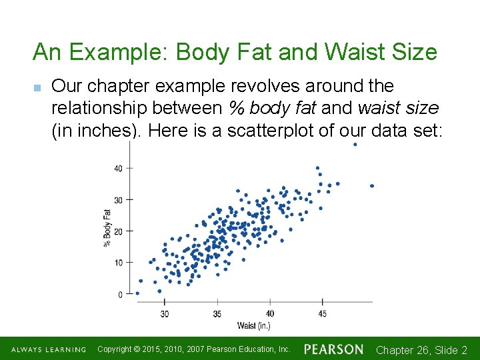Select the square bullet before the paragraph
click(x=38, y=87)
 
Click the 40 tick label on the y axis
click(x=118, y=169)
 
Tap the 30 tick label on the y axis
click(x=118, y=200)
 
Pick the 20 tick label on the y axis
click(x=118, y=231)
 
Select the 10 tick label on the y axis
click(x=118, y=263)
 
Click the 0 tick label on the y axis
click(x=120, y=294)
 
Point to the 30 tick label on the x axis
click(x=164, y=313)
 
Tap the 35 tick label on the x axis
click(x=217, y=313)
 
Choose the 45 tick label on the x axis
click(x=322, y=313)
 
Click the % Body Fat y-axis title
click(x=107, y=227)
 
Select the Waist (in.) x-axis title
click(x=253, y=326)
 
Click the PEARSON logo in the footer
click(x=334, y=349)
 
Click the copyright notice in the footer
click(x=194, y=349)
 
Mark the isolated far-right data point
click(x=371, y=186)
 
